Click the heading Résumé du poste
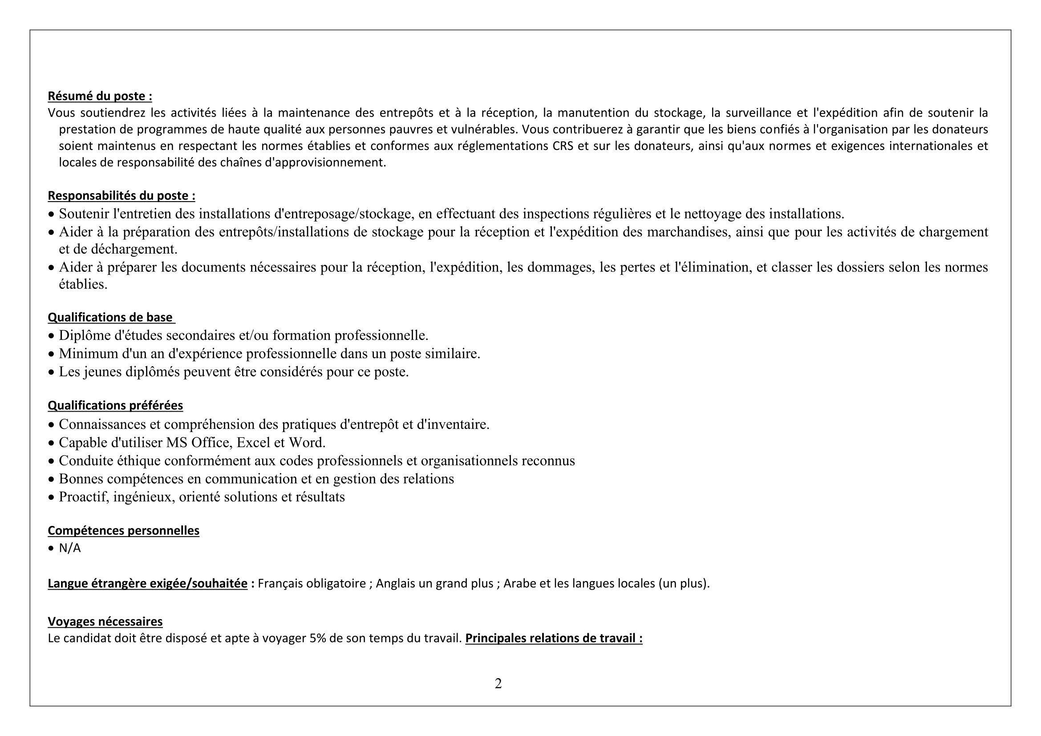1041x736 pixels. pyautogui.click(x=100, y=96)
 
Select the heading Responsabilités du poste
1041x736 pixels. pyautogui.click(x=122, y=195)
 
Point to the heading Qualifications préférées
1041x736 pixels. pyautogui.click(x=115, y=405)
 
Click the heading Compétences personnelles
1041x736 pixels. pyautogui.click(x=123, y=530)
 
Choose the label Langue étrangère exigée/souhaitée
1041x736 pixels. pyautogui.click(x=148, y=583)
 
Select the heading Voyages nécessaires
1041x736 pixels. pyautogui.click(x=105, y=621)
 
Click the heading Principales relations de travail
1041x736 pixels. pyautogui.click(x=554, y=638)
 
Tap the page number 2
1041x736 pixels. pyautogui.click(x=498, y=683)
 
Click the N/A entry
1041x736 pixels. pyautogui.click(x=70, y=548)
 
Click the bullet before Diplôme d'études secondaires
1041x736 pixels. pyautogui.click(x=51, y=336)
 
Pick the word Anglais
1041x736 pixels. pyautogui.click(x=395, y=583)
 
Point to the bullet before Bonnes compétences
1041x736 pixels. pyautogui.click(x=51, y=479)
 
